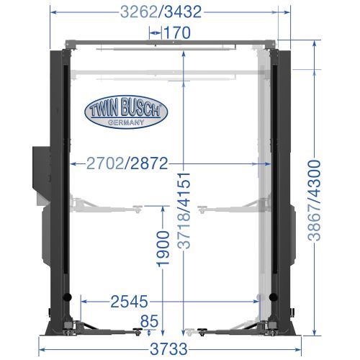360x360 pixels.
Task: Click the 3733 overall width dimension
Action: [168, 349]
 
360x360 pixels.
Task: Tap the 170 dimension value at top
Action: [177, 32]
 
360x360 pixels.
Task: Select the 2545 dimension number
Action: [129, 302]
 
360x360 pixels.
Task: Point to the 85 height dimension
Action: [149, 321]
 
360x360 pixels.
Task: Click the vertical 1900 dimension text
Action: [163, 249]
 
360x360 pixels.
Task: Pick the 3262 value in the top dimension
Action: [139, 12]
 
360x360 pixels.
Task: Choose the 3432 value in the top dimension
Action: [183, 12]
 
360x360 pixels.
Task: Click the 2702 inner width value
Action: [105, 163]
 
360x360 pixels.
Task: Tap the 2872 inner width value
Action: [149, 163]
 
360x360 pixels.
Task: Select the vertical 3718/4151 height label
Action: [184, 211]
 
